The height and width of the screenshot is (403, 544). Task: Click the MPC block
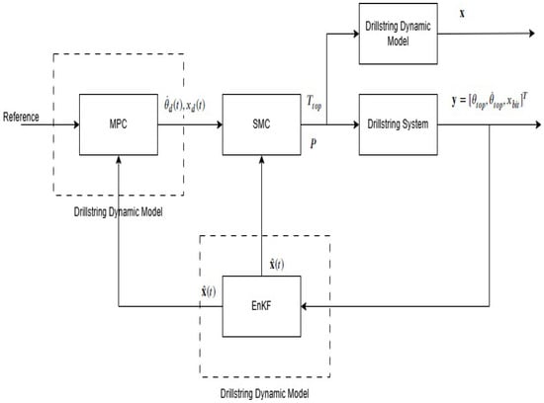116,125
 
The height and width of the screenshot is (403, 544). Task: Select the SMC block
261,125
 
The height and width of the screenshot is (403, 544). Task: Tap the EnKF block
261,304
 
